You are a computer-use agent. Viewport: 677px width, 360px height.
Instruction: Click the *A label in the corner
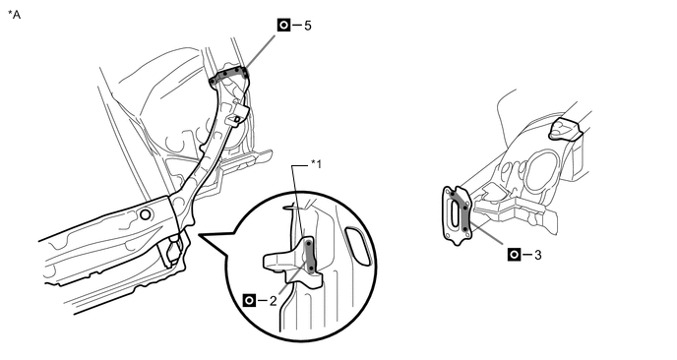click(x=14, y=15)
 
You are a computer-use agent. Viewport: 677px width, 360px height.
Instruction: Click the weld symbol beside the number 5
click(x=283, y=26)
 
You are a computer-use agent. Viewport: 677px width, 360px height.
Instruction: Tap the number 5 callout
click(x=307, y=26)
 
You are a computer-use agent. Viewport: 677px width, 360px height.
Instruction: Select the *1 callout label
click(x=317, y=164)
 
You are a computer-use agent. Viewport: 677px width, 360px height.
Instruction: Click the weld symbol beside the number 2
click(x=249, y=300)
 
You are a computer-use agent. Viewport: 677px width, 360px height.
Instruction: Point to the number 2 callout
click(x=273, y=301)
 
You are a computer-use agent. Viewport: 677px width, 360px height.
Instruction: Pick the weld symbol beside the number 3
click(x=514, y=255)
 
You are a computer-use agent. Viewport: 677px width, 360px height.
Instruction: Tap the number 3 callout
click(x=537, y=255)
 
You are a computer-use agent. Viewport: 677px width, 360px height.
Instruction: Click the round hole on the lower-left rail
click(x=146, y=214)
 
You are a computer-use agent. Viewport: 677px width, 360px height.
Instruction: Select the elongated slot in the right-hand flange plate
click(x=455, y=211)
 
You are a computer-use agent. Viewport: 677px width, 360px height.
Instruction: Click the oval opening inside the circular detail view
click(x=359, y=245)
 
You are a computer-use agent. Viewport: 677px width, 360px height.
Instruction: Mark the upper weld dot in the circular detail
click(x=309, y=244)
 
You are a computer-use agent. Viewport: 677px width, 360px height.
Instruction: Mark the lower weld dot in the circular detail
click(x=311, y=269)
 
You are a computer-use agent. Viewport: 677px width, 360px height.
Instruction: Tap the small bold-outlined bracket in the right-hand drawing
click(x=565, y=129)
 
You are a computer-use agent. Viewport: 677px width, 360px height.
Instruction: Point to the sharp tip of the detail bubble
click(x=199, y=235)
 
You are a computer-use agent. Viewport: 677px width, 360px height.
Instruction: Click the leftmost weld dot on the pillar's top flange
click(x=213, y=81)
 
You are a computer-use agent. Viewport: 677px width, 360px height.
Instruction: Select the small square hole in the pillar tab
click(x=236, y=119)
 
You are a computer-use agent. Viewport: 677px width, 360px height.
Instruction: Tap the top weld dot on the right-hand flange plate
click(x=452, y=194)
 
